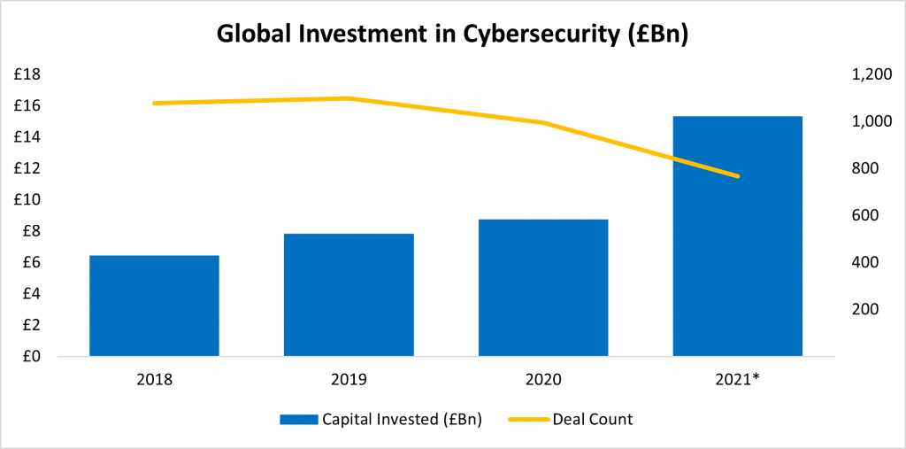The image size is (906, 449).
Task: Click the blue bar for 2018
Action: [154, 306]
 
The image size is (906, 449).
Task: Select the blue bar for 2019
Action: [349, 295]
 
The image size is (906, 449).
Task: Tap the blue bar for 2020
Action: [543, 288]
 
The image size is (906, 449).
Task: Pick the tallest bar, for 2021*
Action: [737, 236]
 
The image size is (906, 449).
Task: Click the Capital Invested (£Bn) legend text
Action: [402, 419]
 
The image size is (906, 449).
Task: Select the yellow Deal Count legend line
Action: [528, 419]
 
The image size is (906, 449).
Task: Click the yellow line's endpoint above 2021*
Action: [737, 176]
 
